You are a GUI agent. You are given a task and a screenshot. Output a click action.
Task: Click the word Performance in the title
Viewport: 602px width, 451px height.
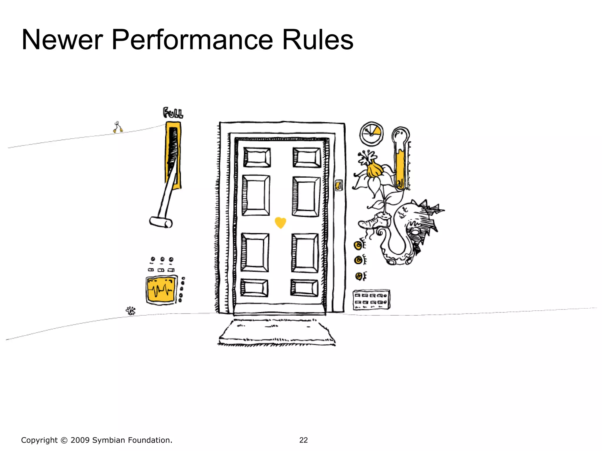point(193,40)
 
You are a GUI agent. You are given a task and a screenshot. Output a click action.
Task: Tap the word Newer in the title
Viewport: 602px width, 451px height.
point(62,40)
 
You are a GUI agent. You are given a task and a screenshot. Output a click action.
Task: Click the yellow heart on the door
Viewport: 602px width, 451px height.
point(280,222)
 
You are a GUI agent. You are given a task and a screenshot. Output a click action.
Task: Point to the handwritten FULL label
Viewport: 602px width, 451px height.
point(173,113)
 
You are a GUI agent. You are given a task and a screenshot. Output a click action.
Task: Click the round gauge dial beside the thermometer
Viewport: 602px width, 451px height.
point(372,134)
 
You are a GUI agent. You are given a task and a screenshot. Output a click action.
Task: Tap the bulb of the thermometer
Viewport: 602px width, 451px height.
point(400,135)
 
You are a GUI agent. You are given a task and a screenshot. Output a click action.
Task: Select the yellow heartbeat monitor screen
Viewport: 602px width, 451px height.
point(161,290)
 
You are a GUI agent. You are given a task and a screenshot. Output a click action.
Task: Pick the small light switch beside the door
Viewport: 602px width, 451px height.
point(339,185)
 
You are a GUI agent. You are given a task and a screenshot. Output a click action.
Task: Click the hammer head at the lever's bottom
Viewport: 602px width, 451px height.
point(161,222)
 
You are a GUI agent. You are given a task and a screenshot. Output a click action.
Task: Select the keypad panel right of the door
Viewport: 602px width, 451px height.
point(371,299)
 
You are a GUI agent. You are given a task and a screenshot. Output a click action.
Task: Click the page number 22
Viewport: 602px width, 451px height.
point(303,440)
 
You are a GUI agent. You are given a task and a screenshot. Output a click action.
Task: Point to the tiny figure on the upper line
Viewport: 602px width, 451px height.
point(118,127)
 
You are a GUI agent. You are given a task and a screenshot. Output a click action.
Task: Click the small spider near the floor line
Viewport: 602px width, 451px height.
point(131,311)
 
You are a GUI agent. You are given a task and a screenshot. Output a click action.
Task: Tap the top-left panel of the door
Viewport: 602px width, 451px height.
point(257,157)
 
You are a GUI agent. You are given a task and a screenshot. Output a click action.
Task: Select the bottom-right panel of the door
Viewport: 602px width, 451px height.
point(304,287)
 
